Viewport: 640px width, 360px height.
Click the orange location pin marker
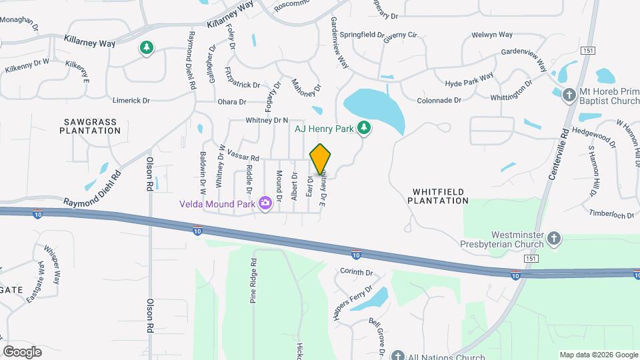click(x=321, y=158)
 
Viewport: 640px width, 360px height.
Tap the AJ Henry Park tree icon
click(x=363, y=127)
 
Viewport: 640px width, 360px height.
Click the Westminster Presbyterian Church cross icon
click(x=554, y=238)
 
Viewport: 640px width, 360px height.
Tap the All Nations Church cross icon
click(x=398, y=356)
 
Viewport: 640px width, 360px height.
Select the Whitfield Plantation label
click(x=438, y=195)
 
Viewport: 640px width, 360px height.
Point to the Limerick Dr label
click(x=131, y=100)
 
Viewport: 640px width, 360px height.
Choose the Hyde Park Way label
click(x=469, y=81)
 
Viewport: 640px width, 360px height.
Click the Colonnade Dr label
click(x=439, y=101)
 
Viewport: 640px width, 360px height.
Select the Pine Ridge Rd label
click(x=253, y=281)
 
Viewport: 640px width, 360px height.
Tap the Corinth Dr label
click(x=356, y=272)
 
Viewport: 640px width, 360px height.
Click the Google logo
click(x=22, y=352)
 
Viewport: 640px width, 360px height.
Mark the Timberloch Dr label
click(x=611, y=215)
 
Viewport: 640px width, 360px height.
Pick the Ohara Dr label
click(x=232, y=102)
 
